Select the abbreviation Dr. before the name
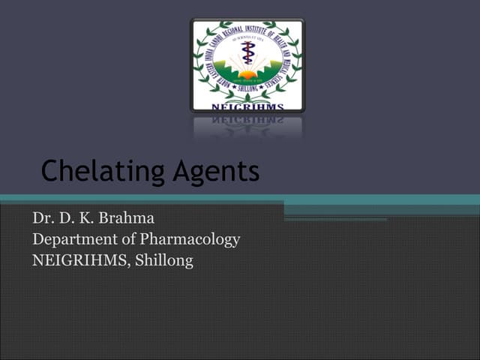pos(41,218)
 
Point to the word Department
pos(73,240)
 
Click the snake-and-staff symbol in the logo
pos(247,56)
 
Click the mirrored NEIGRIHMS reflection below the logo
pos(247,118)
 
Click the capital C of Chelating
pos(49,172)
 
